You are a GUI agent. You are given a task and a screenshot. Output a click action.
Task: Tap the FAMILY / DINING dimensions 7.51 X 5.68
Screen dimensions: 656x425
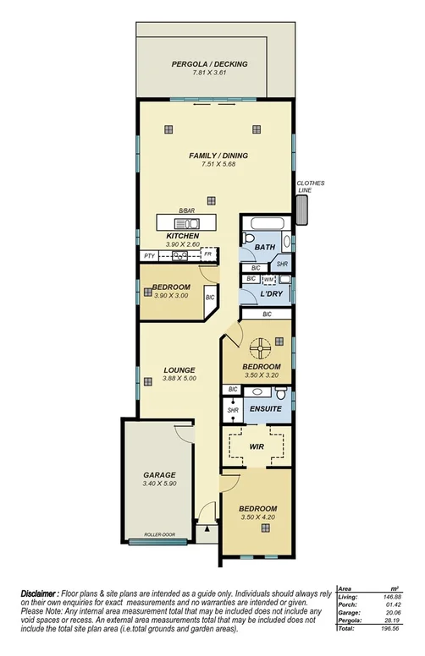pos(207,163)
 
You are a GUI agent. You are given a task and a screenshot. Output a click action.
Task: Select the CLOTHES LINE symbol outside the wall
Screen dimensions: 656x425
pos(302,211)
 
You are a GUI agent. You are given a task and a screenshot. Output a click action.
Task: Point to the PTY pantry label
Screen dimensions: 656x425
pos(149,254)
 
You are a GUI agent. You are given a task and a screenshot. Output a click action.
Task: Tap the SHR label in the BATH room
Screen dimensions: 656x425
pos(282,265)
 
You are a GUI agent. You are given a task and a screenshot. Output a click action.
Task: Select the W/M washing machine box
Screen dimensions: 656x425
pos(268,279)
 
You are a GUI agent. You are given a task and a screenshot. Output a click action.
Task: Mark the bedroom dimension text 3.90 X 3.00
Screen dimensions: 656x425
pos(171,296)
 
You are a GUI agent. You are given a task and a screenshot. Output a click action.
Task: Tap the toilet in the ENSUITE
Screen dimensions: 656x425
pos(282,392)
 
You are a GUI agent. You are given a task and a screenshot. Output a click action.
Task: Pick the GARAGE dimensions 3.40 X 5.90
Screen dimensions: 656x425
pos(159,484)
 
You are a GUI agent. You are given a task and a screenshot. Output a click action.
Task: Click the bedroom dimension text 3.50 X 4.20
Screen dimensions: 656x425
pos(257,517)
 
